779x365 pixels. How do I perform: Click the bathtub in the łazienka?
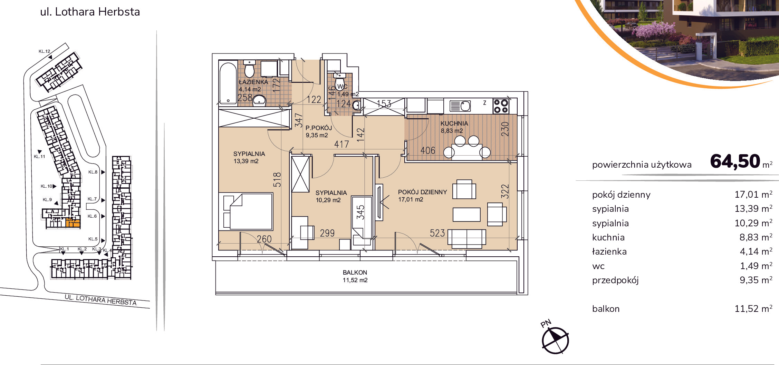click(228, 82)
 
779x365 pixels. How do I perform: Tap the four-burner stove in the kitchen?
click(501, 106)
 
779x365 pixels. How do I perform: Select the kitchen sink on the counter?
click(460, 106)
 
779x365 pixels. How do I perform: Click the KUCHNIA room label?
click(454, 124)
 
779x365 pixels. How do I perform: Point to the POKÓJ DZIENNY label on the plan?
click(422, 192)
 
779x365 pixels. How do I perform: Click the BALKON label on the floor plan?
click(355, 273)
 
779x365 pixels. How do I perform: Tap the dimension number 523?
click(437, 233)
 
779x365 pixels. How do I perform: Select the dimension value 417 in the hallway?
click(342, 144)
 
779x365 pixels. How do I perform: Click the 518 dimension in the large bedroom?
click(277, 180)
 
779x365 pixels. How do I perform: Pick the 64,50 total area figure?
click(735, 161)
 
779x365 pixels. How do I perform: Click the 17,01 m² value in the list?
click(753, 195)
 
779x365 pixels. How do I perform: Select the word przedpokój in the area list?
click(615, 280)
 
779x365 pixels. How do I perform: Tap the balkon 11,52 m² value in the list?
click(753, 308)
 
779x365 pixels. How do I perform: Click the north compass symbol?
click(555, 340)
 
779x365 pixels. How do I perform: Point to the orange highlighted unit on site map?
click(73, 223)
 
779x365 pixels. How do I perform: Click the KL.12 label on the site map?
click(44, 51)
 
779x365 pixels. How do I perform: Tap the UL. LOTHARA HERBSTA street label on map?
click(100, 300)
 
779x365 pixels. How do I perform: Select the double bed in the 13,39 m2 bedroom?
click(248, 211)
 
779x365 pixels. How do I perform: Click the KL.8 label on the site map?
click(93, 172)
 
